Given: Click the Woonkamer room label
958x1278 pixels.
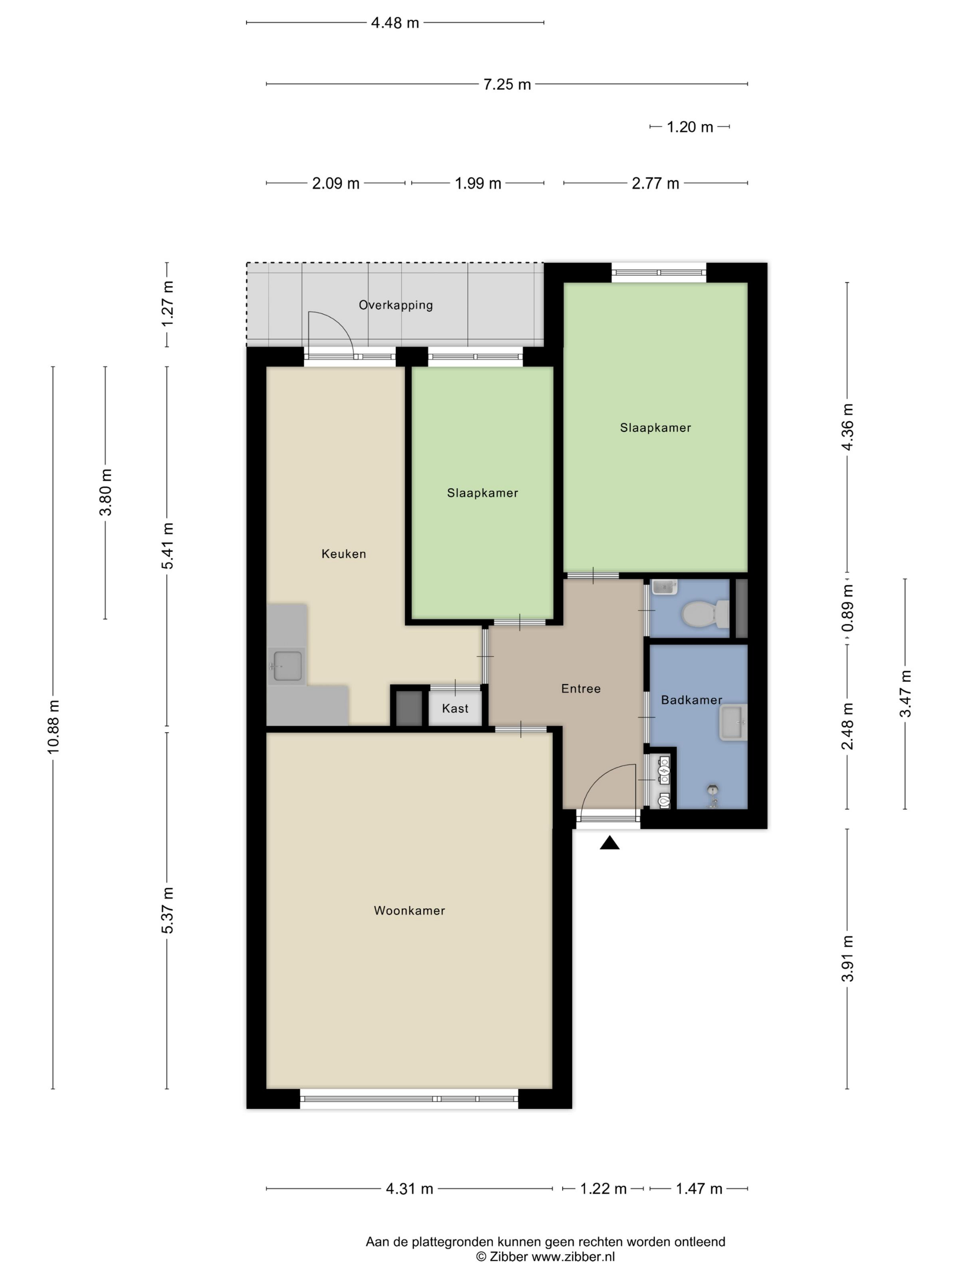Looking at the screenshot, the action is [x=409, y=911].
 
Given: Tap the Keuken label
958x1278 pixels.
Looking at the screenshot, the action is [x=344, y=554].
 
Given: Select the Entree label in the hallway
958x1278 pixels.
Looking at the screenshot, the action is [x=581, y=688].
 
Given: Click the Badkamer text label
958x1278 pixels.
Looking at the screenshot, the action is [x=691, y=700].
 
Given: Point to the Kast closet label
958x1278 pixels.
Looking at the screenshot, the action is [x=455, y=708].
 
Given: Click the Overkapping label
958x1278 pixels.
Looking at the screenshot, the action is [x=396, y=304].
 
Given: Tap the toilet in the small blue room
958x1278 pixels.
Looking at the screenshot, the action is [x=706, y=613].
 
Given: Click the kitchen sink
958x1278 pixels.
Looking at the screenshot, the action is [x=287, y=666].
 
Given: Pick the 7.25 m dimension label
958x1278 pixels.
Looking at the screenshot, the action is [x=506, y=84].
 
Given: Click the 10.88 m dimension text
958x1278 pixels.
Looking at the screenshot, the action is [x=53, y=726].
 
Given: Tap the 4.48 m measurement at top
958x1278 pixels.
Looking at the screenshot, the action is [x=395, y=23].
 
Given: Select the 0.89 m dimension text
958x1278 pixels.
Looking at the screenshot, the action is [x=847, y=608].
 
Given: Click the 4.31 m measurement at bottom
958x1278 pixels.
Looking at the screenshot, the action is [x=409, y=1189].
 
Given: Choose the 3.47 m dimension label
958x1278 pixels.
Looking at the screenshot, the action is [x=905, y=693].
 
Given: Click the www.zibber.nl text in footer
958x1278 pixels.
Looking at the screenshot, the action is [x=573, y=1257].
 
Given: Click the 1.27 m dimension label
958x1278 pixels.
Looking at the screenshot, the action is [x=167, y=304].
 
